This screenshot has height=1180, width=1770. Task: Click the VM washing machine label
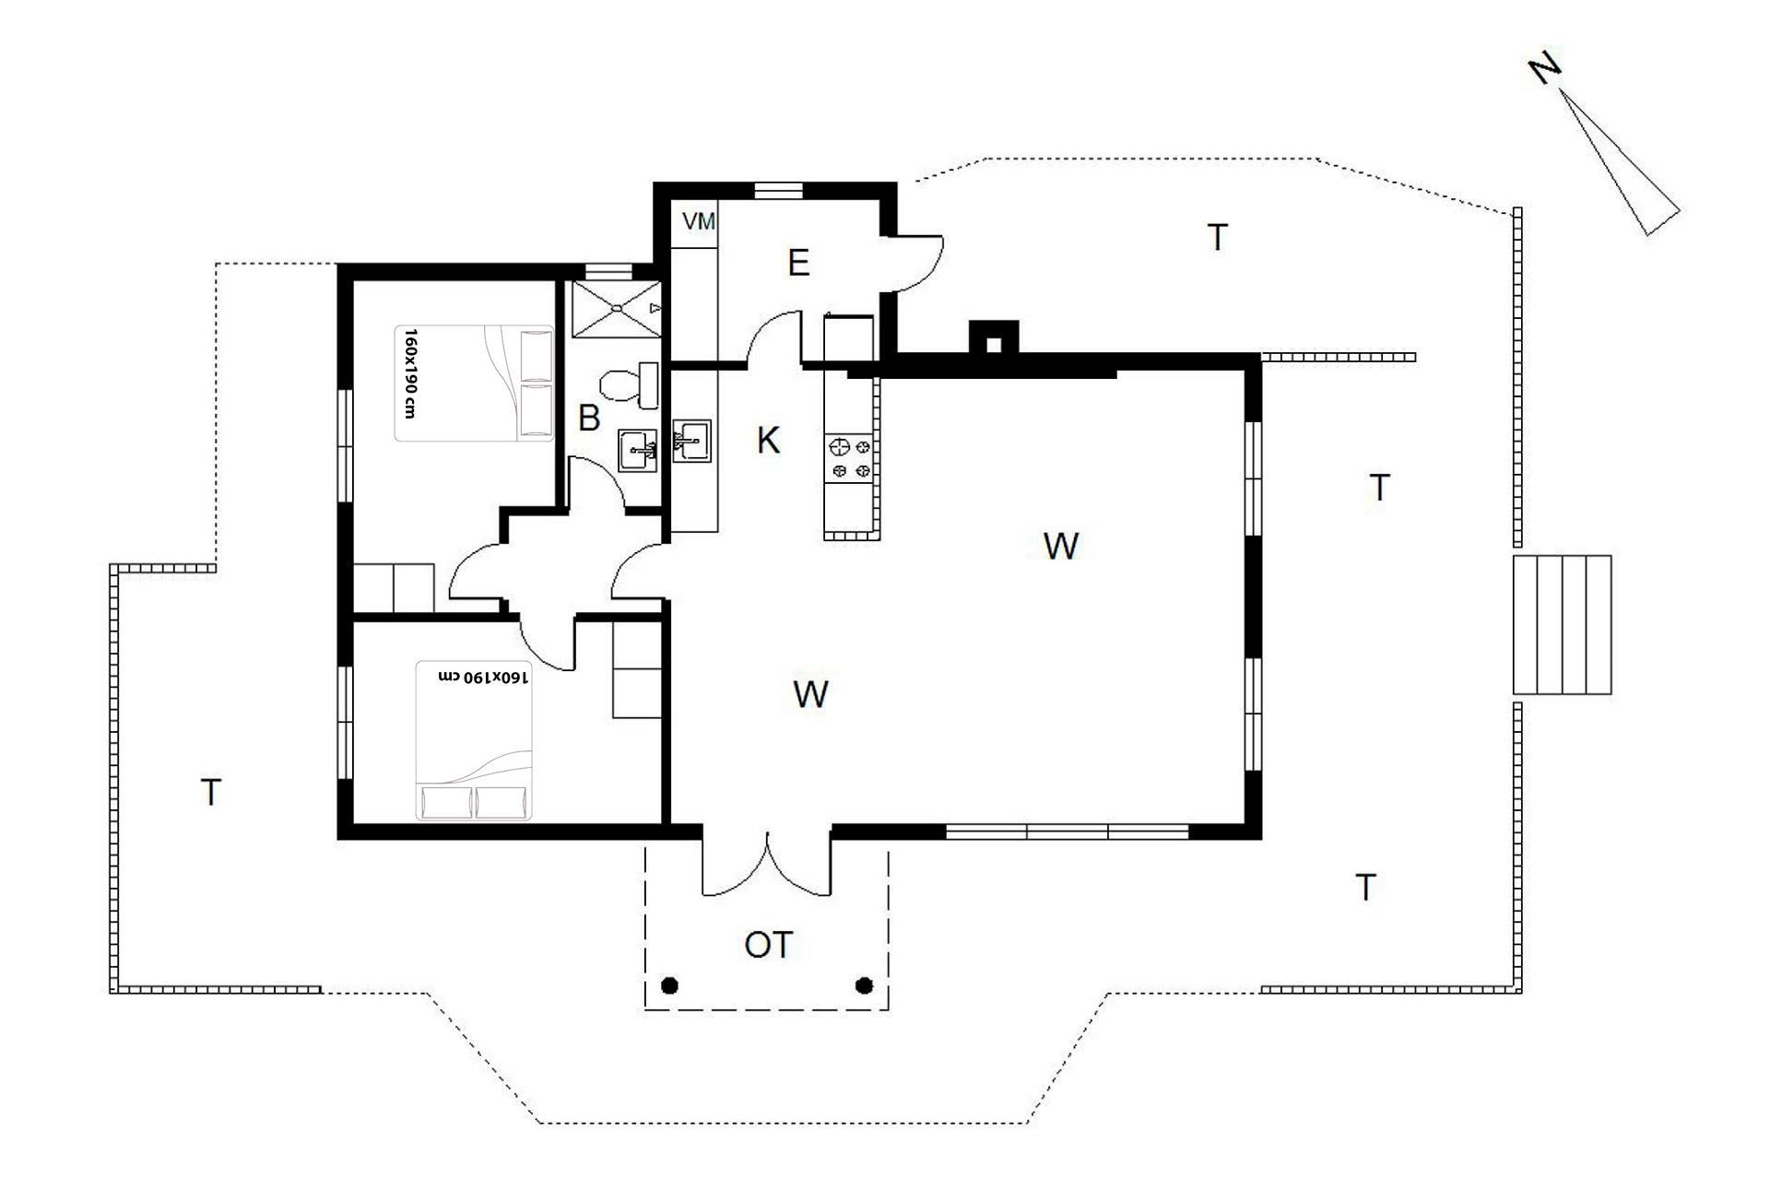(x=699, y=221)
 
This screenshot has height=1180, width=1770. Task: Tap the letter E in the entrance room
(x=798, y=264)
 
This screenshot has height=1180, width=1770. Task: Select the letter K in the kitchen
(x=768, y=441)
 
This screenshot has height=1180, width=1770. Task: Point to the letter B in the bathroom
(x=589, y=419)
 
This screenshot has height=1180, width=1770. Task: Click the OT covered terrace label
(x=768, y=945)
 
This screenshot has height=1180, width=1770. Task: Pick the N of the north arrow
(x=1545, y=69)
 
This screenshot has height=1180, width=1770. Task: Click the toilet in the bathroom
(x=630, y=384)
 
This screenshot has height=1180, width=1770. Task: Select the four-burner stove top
(x=851, y=458)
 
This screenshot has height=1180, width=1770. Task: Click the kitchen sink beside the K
(x=692, y=440)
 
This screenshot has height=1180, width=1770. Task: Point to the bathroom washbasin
(x=637, y=450)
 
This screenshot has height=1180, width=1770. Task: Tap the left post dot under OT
(x=670, y=985)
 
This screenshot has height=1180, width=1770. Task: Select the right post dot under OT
(x=864, y=985)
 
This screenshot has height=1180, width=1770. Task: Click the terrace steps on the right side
(x=1562, y=624)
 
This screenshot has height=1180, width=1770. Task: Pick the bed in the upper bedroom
(x=475, y=383)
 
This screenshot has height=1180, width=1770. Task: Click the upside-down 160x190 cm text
(x=483, y=677)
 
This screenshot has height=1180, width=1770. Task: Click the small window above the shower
(x=609, y=271)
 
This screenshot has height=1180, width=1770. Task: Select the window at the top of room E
(x=779, y=191)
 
